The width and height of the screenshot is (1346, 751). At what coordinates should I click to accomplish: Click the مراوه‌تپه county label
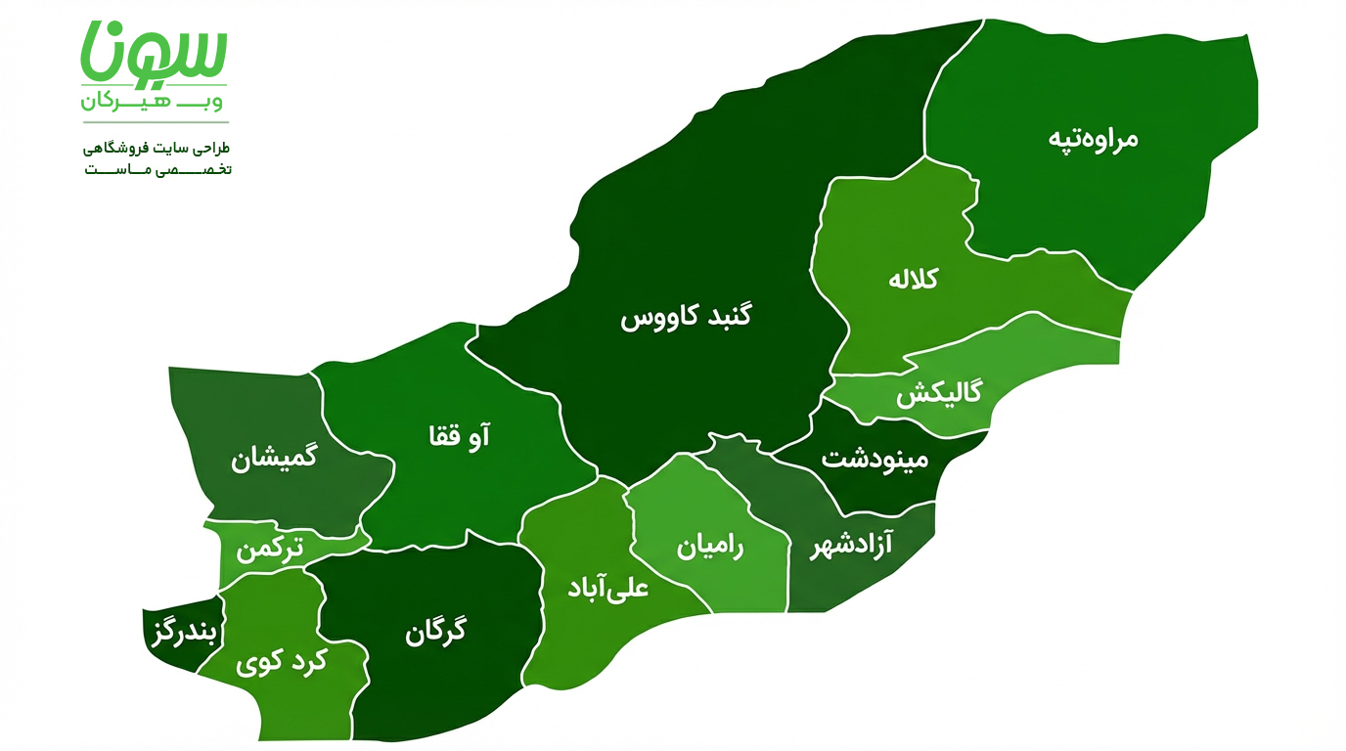tap(1093, 138)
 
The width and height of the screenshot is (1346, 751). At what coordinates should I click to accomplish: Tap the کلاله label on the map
tap(913, 279)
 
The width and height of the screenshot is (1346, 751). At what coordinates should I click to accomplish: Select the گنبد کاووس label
tap(687, 318)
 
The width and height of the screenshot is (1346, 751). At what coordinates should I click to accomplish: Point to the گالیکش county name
tap(938, 395)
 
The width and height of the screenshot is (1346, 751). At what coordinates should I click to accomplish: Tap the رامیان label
tap(710, 547)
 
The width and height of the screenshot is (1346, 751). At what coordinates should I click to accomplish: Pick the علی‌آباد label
tap(608, 589)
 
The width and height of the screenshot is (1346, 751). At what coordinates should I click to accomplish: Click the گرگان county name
tap(435, 632)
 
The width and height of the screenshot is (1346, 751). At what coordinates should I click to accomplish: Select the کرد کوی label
tap(281, 663)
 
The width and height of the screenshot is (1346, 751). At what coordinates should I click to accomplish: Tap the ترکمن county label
tap(269, 550)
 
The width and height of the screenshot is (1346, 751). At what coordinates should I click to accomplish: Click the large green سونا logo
tap(155, 54)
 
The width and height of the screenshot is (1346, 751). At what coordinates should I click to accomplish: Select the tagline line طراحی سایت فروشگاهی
tap(157, 148)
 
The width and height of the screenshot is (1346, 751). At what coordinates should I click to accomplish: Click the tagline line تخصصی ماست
tap(157, 169)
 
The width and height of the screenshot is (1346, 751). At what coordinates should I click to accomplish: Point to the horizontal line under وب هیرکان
tap(155, 122)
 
